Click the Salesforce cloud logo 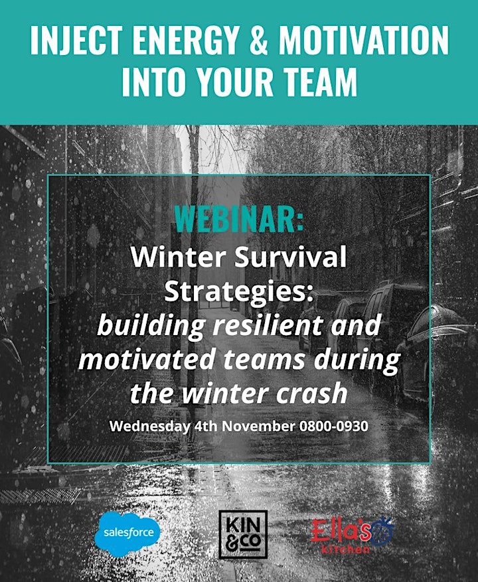click(x=127, y=534)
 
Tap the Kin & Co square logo click(x=243, y=534)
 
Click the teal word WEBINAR click(x=239, y=219)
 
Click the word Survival click(x=290, y=257)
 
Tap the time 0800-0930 click(x=333, y=426)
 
